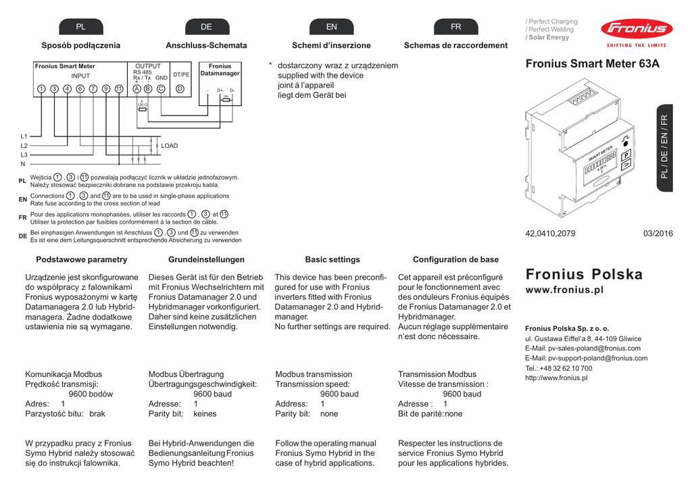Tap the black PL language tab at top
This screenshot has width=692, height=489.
click(80, 26)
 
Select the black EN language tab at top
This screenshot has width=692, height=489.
click(331, 26)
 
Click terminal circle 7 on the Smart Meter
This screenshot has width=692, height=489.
click(93, 88)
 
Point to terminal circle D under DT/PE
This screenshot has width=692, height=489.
click(180, 88)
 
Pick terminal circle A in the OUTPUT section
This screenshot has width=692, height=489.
click(137, 88)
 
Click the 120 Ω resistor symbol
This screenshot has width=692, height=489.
click(142, 107)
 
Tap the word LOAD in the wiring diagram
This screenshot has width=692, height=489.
click(169, 146)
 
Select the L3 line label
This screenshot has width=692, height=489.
click(24, 155)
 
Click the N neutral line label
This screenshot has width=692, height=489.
click(23, 164)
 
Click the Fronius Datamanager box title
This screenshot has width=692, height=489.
click(220, 70)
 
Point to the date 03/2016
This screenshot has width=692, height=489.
click(658, 234)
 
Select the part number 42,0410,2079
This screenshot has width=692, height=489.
click(550, 234)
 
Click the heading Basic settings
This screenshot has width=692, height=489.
click(332, 259)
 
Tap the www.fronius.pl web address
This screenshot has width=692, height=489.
click(564, 290)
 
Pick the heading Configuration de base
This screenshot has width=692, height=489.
click(455, 259)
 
